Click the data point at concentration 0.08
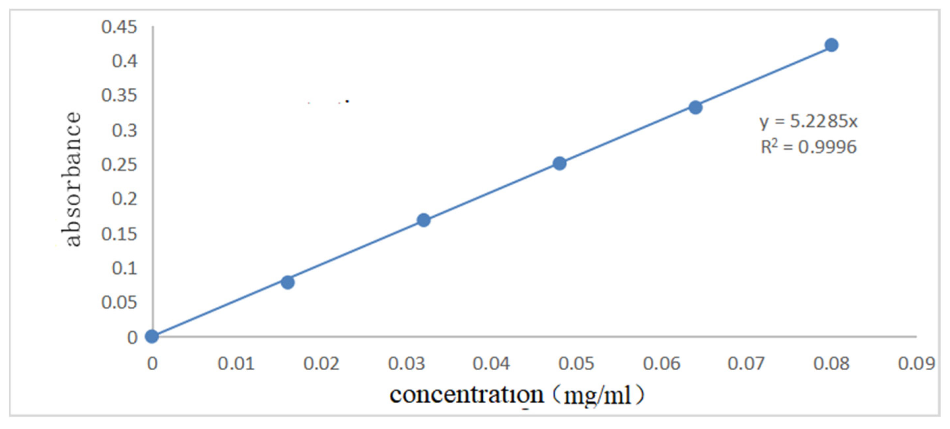click(831, 45)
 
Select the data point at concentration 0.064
click(695, 107)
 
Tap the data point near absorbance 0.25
click(559, 163)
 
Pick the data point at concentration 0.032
click(423, 220)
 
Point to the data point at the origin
click(152, 336)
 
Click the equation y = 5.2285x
click(808, 121)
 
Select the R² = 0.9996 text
click(808, 147)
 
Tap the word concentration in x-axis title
click(467, 395)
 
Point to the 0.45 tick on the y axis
click(119, 27)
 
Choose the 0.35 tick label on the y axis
click(119, 95)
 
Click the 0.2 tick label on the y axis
click(124, 199)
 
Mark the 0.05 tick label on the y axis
click(119, 302)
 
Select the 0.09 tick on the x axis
click(916, 364)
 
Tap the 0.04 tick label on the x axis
click(491, 364)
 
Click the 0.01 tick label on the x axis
click(236, 364)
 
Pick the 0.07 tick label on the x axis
click(746, 364)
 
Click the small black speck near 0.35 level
click(347, 101)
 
